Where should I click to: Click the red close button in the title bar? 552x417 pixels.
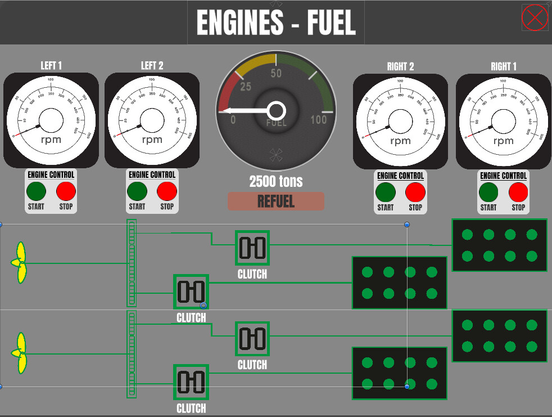click(535, 17)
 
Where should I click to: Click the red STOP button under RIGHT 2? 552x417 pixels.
click(415, 192)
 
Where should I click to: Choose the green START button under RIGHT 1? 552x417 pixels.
click(488, 192)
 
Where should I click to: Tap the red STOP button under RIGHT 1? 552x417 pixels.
click(518, 192)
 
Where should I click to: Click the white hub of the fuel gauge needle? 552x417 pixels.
click(277, 110)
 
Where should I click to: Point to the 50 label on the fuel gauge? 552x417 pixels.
click(276, 74)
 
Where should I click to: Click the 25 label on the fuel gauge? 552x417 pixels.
click(246, 87)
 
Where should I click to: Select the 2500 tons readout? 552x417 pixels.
click(276, 181)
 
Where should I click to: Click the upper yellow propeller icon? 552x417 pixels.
click(19, 262)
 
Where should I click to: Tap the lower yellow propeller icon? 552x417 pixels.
click(19, 353)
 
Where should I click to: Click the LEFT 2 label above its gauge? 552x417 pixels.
click(152, 66)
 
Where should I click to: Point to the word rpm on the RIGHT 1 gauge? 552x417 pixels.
click(503, 141)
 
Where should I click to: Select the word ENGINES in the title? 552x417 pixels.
click(240, 23)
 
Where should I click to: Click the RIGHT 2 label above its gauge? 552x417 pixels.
click(400, 66)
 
